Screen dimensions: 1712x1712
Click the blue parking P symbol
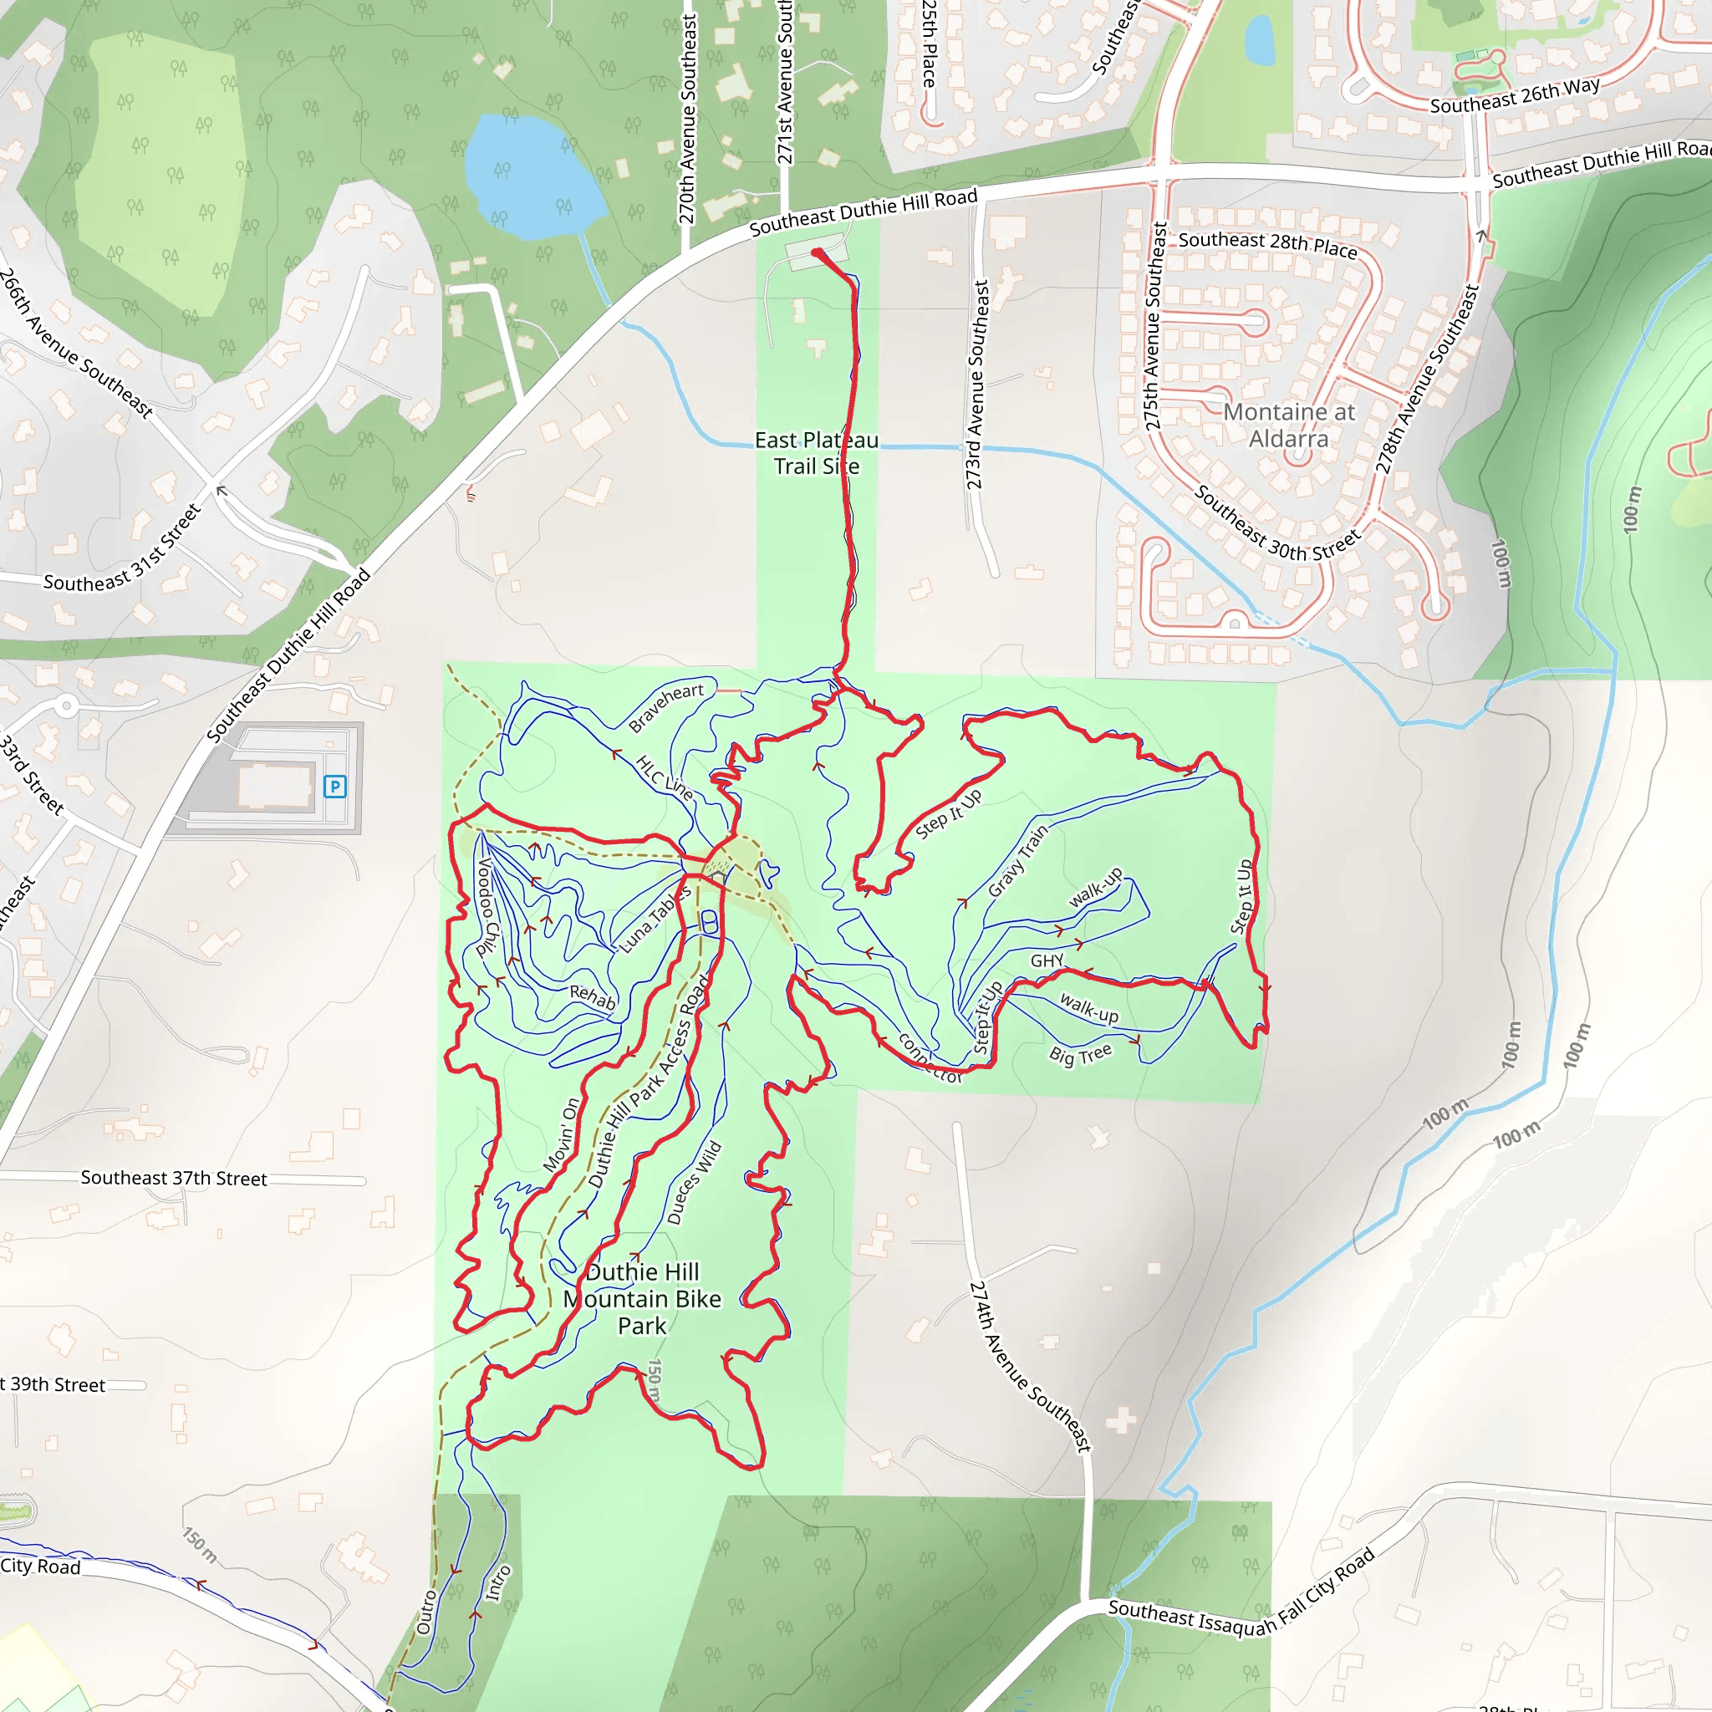[x=334, y=786]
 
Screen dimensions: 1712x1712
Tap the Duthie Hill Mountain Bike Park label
[x=643, y=1298]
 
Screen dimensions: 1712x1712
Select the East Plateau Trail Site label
[x=816, y=453]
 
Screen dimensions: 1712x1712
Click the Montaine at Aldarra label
[x=1288, y=425]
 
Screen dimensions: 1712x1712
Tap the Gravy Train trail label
[x=1017, y=859]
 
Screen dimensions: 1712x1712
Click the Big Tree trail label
[x=1080, y=1053]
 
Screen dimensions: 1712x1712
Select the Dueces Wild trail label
[x=695, y=1183]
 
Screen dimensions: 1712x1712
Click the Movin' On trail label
[x=562, y=1135]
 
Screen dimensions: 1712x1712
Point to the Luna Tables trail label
[x=655, y=919]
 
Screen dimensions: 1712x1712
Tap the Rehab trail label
[x=592, y=997]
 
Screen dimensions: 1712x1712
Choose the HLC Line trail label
[x=664, y=777]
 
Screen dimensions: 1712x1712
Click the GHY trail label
[x=1047, y=960]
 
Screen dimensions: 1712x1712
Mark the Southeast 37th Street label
[x=174, y=1178]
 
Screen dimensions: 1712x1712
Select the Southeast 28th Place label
[x=1267, y=244]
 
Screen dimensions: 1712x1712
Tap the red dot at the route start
[x=817, y=254]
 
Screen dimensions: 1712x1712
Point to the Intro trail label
[x=498, y=1582]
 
